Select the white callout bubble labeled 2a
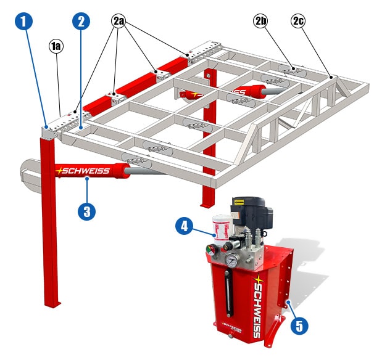(118, 21)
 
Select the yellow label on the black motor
(241, 201)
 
